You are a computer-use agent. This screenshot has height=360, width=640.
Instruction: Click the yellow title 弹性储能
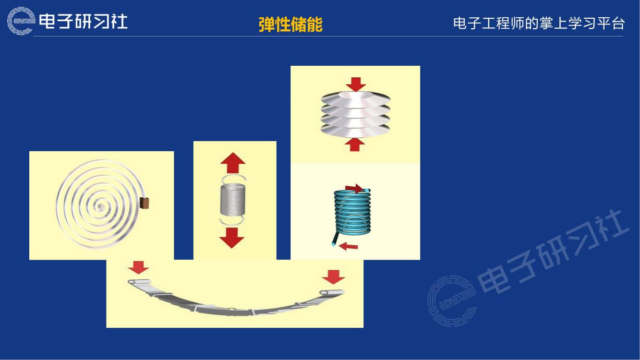coord(290,24)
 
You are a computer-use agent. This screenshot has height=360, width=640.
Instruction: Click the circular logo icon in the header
coord(21,21)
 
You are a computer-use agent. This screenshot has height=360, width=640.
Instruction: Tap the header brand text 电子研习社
coord(83,21)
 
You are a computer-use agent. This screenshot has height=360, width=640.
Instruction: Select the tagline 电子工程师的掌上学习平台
coord(539,24)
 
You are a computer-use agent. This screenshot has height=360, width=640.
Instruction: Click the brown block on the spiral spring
coord(144,204)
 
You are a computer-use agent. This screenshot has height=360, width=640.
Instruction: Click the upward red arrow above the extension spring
coord(233,163)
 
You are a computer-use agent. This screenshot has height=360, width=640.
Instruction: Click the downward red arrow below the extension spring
coord(232,237)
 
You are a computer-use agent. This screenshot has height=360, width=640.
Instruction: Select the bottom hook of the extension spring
coord(231,221)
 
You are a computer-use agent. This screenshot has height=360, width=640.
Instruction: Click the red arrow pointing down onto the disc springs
coord(355,84)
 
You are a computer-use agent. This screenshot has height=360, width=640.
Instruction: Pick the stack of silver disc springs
coord(355,114)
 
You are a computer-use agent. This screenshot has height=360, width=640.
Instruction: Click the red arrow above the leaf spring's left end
coord(139,267)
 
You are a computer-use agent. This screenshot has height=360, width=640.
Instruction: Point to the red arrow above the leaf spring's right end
coord(333,276)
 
